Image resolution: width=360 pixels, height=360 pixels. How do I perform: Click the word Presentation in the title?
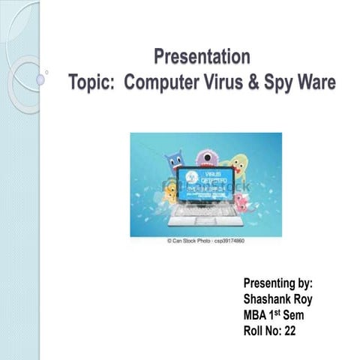[x=202, y=56]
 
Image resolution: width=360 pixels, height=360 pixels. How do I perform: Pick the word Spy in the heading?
[x=277, y=82]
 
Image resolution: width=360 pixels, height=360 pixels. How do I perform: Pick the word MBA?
[x=255, y=315]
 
